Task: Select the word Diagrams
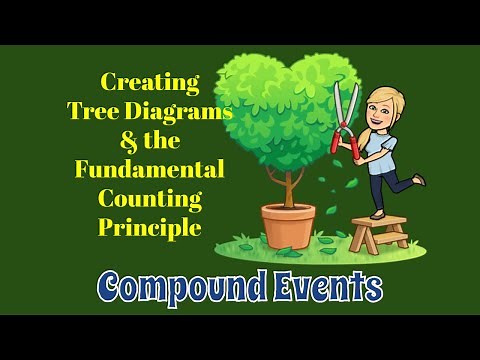pyautogui.click(x=186, y=111)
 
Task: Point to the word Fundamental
pyautogui.click(x=150, y=168)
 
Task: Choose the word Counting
pyautogui.click(x=149, y=197)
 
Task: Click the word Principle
pyautogui.click(x=150, y=226)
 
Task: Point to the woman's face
pyautogui.click(x=379, y=113)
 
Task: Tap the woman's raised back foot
pyautogui.click(x=417, y=180)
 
